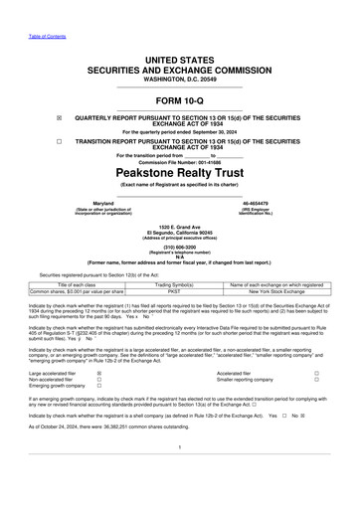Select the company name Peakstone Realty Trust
pyautogui.click(x=179, y=171)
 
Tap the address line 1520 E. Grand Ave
pyautogui.click(x=179, y=228)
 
